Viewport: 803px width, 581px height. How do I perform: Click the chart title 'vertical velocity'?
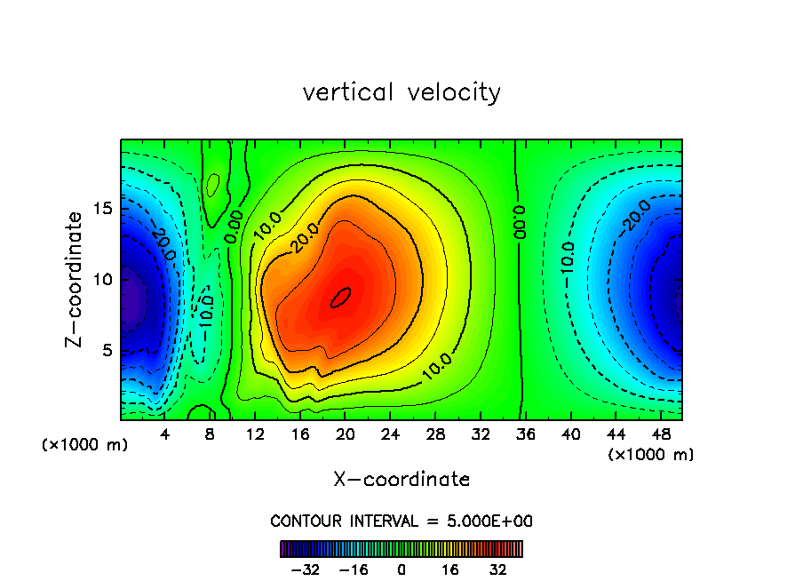click(x=401, y=92)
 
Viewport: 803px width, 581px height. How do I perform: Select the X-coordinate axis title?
click(x=401, y=480)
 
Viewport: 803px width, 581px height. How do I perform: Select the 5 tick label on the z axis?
click(x=103, y=350)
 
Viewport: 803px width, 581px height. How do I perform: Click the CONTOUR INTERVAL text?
click(x=401, y=521)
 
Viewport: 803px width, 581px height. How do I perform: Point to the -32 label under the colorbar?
click(x=306, y=569)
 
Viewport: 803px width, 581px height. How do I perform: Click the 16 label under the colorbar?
click(x=450, y=569)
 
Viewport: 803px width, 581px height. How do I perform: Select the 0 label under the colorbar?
click(x=401, y=569)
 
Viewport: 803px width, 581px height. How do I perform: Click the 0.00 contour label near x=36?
click(x=520, y=222)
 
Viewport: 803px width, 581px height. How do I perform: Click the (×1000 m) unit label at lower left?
click(x=85, y=445)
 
